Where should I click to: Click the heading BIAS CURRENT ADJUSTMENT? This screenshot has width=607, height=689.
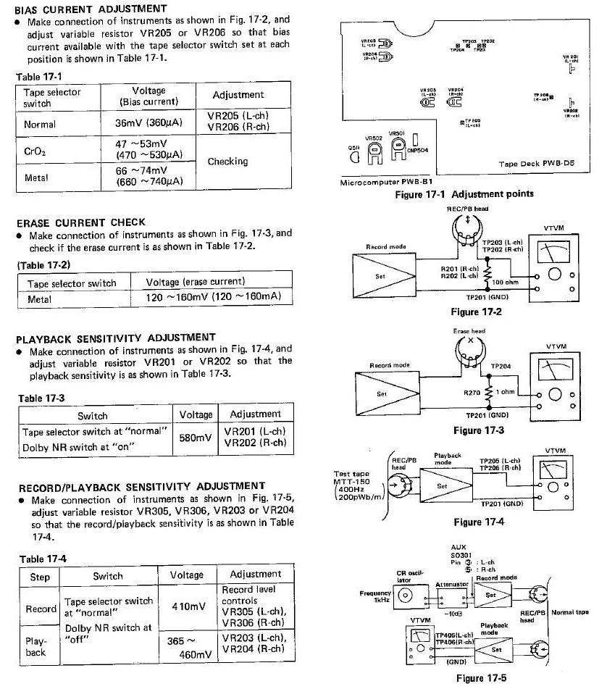coord(91,8)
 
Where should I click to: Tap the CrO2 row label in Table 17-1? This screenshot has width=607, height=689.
coord(36,151)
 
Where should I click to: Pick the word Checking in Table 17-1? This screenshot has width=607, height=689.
coord(227,162)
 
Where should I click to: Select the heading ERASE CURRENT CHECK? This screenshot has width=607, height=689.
coord(81,222)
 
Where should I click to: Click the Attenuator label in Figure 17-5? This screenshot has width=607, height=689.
coord(454,583)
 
